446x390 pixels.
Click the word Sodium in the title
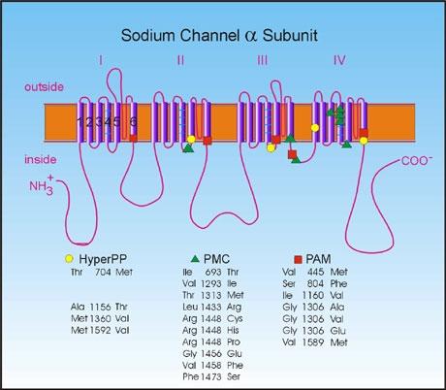coord(148,35)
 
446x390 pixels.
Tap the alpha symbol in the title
coord(249,36)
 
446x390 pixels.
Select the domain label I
coord(101,60)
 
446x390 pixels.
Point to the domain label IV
coord(339,60)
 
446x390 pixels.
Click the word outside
coord(44,87)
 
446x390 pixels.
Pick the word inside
coord(41,159)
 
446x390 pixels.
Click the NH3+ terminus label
coord(42,185)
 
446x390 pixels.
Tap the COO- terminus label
coord(417,160)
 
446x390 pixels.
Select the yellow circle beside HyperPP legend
coord(69,259)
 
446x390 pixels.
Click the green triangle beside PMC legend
coord(195,259)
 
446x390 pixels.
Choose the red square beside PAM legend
coord(298,259)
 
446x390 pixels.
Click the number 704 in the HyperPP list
coord(103,272)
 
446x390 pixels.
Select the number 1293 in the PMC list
coord(211,283)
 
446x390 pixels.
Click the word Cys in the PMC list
coord(235,319)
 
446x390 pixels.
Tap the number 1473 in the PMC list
coord(211,376)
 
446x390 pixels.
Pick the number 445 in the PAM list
coord(315,272)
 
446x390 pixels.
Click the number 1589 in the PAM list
coord(313,341)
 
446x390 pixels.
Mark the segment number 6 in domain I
coord(133,122)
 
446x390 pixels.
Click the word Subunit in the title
coord(290,35)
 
